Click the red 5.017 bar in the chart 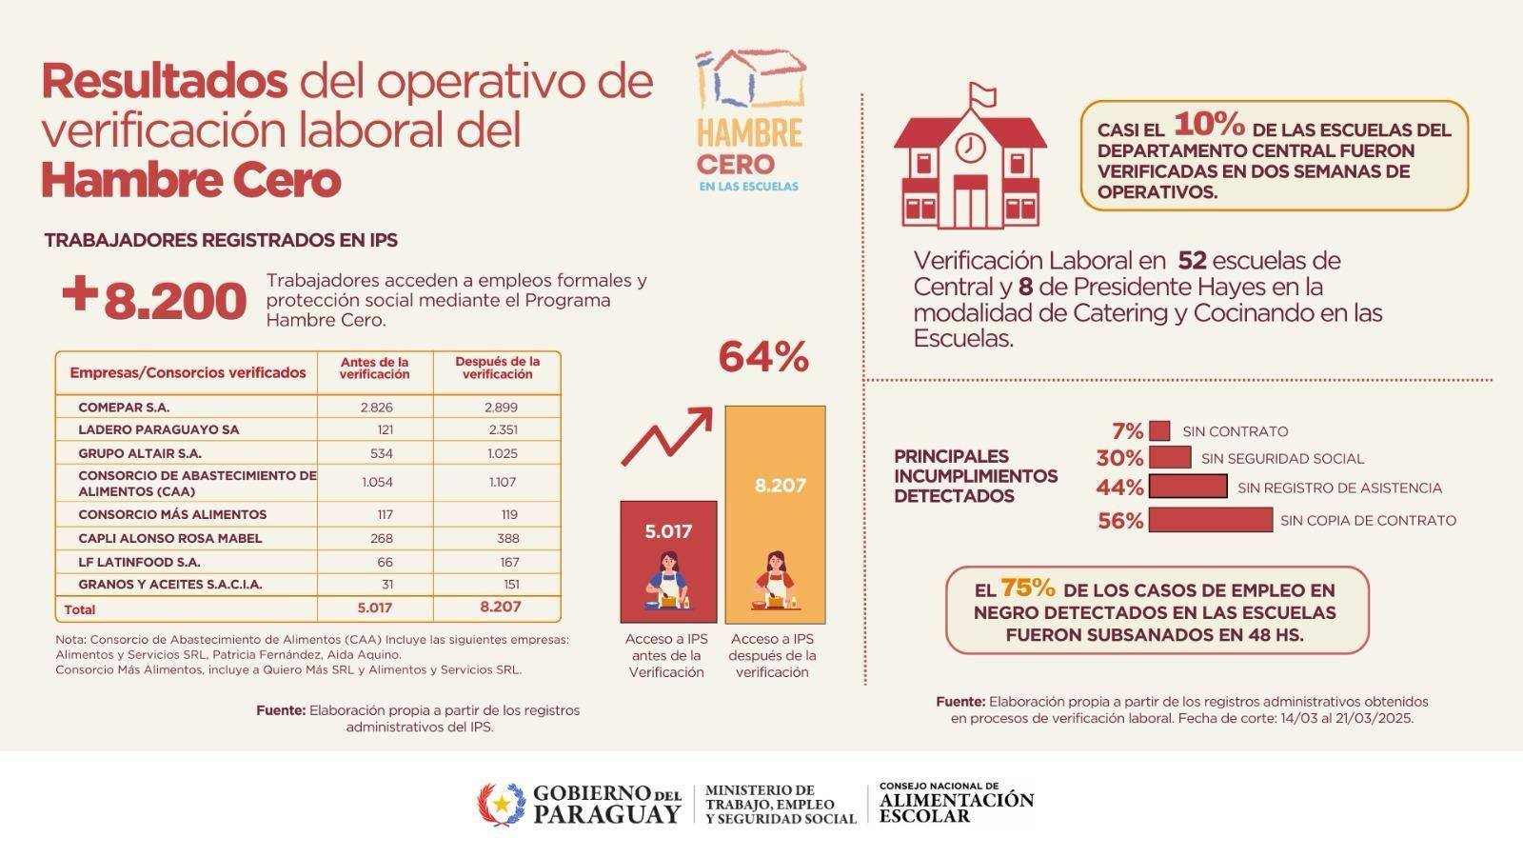click(668, 562)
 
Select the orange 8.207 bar click(775, 514)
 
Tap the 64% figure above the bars click(763, 358)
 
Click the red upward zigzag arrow click(666, 437)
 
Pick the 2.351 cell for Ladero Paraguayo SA click(502, 429)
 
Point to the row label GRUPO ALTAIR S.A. click(140, 453)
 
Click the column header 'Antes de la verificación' click(375, 369)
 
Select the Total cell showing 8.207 click(501, 607)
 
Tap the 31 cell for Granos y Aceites click(386, 584)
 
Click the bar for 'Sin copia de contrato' click(1210, 520)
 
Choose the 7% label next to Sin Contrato click(1126, 431)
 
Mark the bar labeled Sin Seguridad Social click(1170, 458)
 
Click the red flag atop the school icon click(982, 94)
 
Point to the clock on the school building click(969, 148)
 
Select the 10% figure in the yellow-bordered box click(1209, 125)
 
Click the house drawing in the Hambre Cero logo click(751, 78)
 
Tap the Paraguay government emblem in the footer click(501, 805)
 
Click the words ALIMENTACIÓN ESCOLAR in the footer click(956, 807)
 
